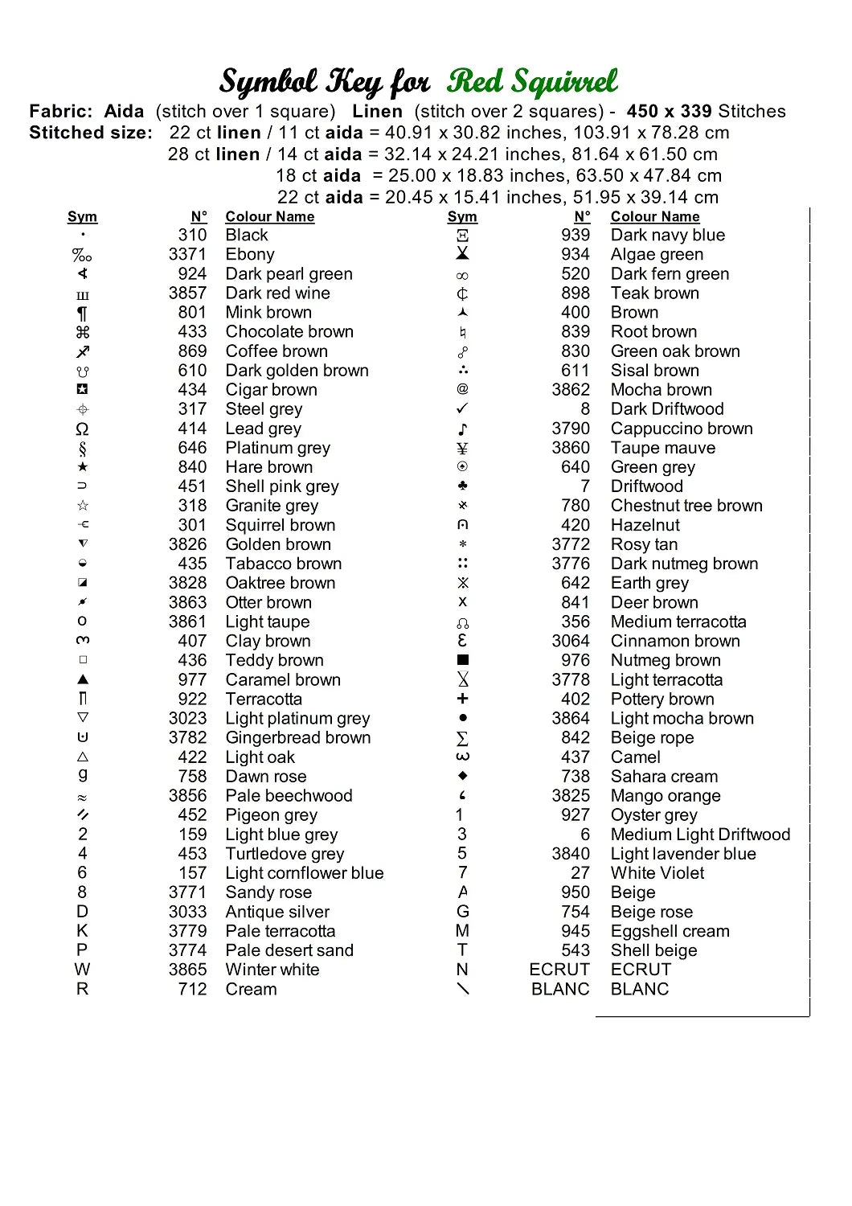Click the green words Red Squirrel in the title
coord(532,82)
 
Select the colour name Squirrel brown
coord(280,525)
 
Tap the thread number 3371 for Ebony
coord(187,255)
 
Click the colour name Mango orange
coord(665,796)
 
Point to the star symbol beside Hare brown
coord(82,467)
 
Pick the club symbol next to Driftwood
coord(462,486)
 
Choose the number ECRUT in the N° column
coord(559,970)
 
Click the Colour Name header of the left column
coord(269,217)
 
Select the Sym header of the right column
coord(462,217)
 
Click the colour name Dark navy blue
coord(667,236)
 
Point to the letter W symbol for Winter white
coord(82,970)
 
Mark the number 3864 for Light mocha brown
coord(571,719)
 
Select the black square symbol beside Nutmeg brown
coord(462,660)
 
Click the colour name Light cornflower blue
coord(304,873)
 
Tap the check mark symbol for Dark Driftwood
coord(462,409)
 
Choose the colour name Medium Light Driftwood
coord(700,835)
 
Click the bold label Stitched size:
coord(91,133)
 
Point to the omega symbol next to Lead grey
coord(82,429)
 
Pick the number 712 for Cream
coord(192,989)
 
